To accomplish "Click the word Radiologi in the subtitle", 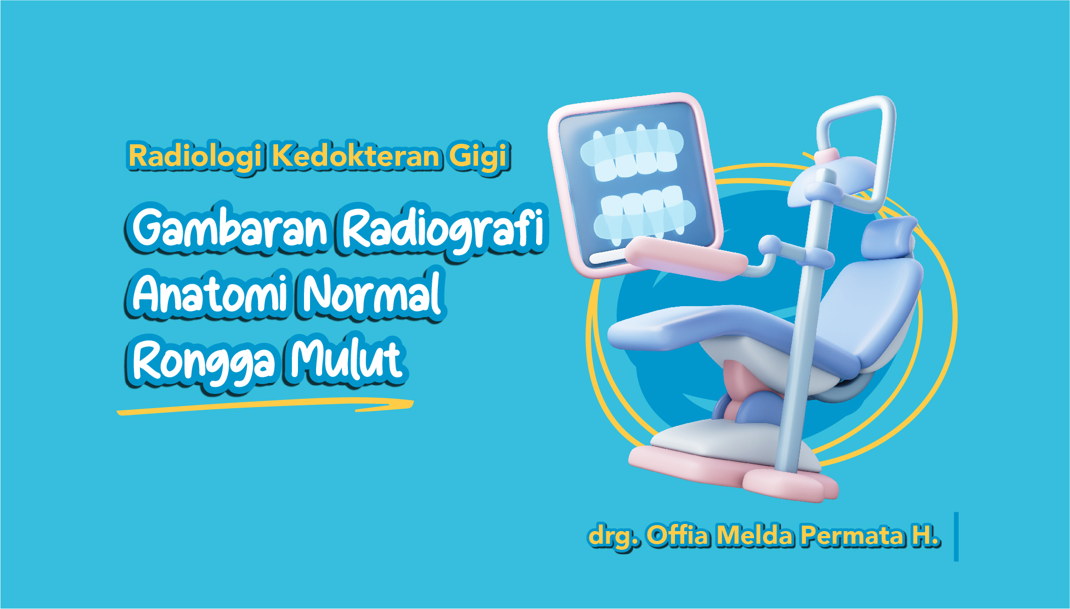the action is click(x=195, y=156).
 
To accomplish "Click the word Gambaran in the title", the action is click(x=230, y=228).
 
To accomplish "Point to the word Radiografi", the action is click(x=443, y=230).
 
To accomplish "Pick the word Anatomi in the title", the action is click(x=211, y=293).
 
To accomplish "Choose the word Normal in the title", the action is click(x=373, y=293).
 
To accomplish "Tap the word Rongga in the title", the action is click(x=203, y=362).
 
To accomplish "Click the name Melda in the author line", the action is click(x=755, y=535).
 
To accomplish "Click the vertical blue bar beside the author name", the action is click(x=956, y=537).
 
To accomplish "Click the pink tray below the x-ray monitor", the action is click(x=686, y=258).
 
